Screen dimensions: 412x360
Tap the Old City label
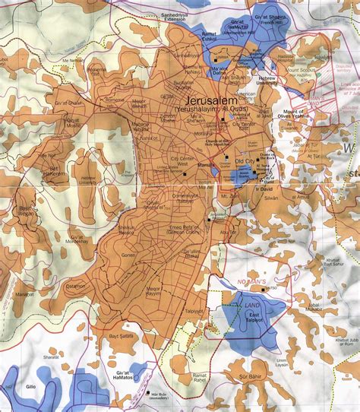coord(245,161)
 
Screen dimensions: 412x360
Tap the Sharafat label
coord(30,353)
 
